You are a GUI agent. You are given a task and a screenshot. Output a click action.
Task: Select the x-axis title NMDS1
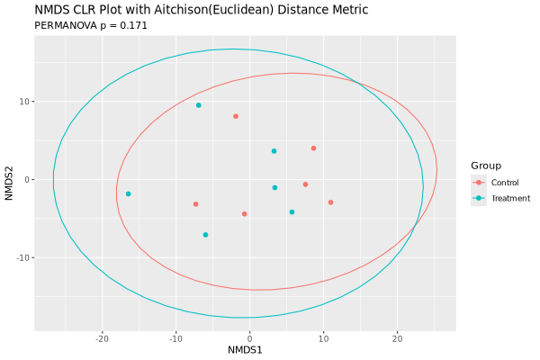coord(245,349)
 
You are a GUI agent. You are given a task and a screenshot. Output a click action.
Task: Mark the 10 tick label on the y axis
coord(24,102)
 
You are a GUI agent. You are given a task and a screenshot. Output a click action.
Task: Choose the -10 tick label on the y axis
coord(22,257)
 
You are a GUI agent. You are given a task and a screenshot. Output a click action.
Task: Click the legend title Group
coord(486,166)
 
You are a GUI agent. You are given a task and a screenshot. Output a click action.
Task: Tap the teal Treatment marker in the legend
coord(479,198)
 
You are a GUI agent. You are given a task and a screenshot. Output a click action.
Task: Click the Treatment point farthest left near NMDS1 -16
coord(129,193)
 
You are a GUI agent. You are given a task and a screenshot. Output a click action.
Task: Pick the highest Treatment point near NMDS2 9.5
coord(199,105)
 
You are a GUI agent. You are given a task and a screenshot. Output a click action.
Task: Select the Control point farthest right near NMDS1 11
coord(330,202)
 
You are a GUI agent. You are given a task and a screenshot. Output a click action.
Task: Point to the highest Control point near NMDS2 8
coord(236,116)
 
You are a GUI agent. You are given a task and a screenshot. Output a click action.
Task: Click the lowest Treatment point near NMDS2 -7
coord(205,235)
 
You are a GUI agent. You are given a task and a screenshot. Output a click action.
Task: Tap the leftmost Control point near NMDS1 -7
coord(195,204)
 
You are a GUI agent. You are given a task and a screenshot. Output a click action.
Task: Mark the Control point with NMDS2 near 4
coord(313,148)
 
